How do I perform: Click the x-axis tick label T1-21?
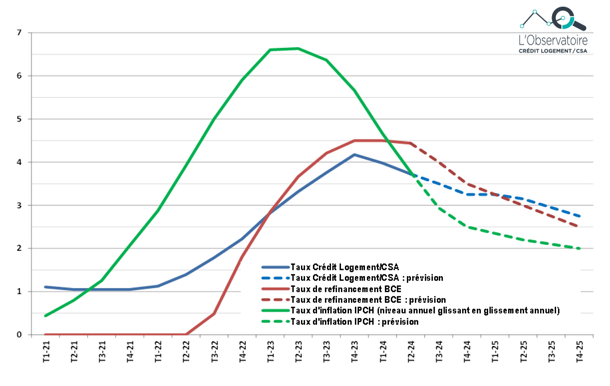point(47,351)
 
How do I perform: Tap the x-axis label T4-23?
point(355,351)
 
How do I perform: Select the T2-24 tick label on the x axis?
point(411,351)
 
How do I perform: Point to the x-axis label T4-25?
point(579,351)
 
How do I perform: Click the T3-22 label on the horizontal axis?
point(214,351)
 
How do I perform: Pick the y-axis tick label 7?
point(19,33)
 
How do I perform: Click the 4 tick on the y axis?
point(19,162)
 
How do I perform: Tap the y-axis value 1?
point(19,291)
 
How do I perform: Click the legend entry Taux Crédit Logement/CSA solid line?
point(342,267)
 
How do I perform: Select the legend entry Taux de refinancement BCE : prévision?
point(368,299)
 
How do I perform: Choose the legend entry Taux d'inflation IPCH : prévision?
point(354,321)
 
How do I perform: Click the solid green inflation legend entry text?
point(425,310)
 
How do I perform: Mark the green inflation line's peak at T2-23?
point(298,49)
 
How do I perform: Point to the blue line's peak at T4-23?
point(355,154)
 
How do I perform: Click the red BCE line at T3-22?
point(214,313)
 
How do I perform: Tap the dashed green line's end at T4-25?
point(579,249)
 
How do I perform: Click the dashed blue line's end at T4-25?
point(579,216)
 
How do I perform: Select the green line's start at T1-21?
point(47,315)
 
